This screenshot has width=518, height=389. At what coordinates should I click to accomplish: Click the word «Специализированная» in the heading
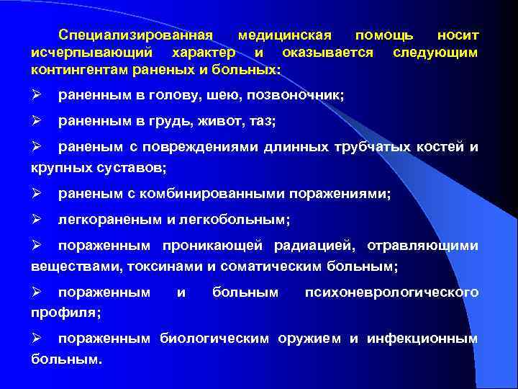click(137, 35)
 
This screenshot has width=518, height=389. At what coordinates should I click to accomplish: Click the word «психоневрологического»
click(391, 292)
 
